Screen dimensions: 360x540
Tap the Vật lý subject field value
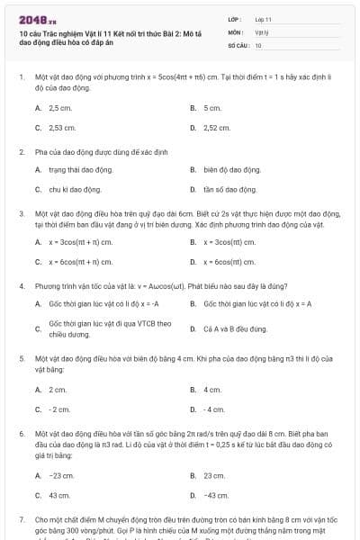pos(261,31)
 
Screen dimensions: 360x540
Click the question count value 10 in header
pos(258,44)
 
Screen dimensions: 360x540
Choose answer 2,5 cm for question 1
pos(60,107)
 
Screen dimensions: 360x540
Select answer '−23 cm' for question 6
pos(61,474)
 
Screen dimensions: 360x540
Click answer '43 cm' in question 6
pos(59,495)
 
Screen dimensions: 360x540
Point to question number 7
pos(22,520)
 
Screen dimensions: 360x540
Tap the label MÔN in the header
pos(234,31)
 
